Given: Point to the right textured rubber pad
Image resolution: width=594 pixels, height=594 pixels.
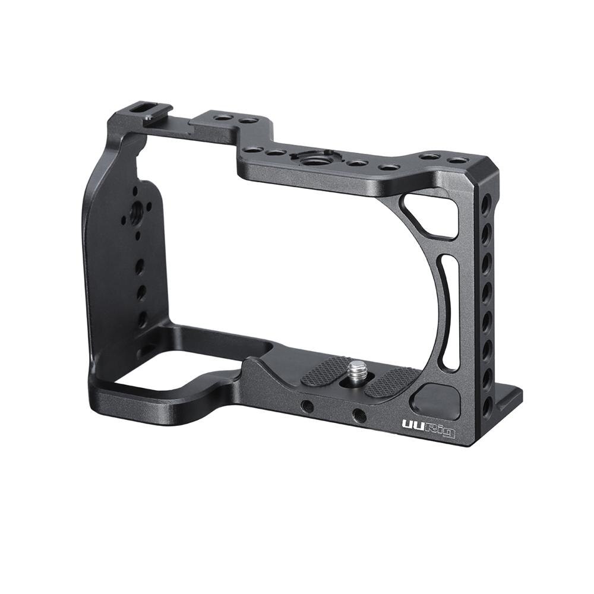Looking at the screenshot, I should point(392,382).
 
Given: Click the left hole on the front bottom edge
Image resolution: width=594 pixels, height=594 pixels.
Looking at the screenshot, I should point(307,406).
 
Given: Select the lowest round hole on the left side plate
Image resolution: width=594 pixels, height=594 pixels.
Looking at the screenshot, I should point(143,318).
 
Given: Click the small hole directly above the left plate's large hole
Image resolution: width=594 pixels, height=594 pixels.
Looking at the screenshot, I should point(136,192).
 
